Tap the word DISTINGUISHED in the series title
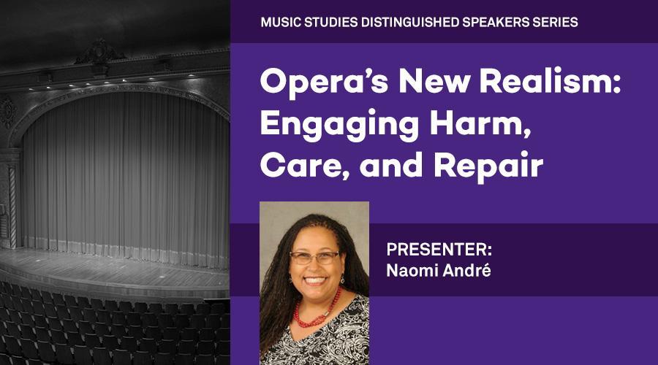410,22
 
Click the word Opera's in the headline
325,82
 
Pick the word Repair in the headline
488,166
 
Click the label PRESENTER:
439,250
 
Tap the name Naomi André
439,270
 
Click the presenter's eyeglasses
314,258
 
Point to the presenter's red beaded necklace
318,310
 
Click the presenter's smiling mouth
314,280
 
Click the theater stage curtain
125,176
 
